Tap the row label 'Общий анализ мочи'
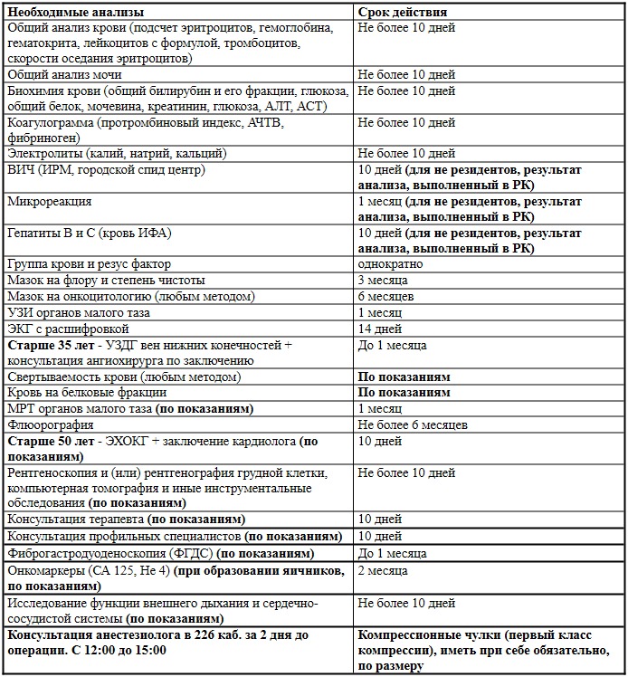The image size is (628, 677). click(x=64, y=75)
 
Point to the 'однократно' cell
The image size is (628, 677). click(x=389, y=265)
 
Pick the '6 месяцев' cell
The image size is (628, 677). click(x=386, y=296)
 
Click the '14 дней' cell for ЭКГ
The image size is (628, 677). click(x=380, y=329)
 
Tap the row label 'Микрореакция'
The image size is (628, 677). click(x=50, y=201)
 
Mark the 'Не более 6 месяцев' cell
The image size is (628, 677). click(x=413, y=424)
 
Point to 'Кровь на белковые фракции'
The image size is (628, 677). click(x=87, y=393)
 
